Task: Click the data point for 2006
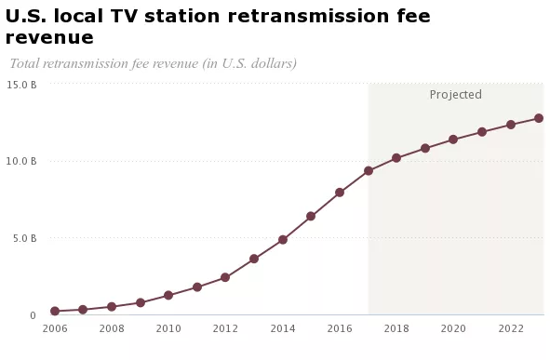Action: pyautogui.click(x=55, y=311)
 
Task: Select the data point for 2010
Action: pyautogui.click(x=168, y=295)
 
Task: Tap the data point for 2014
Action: pyautogui.click(x=283, y=240)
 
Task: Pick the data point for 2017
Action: pyautogui.click(x=369, y=171)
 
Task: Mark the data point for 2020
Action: pyautogui.click(x=453, y=140)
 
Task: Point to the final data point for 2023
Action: pyautogui.click(x=539, y=118)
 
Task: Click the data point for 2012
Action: pyautogui.click(x=225, y=277)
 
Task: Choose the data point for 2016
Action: pyautogui.click(x=340, y=193)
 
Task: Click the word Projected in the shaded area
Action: pyautogui.click(x=456, y=95)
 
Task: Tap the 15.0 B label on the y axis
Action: pyautogui.click(x=21, y=86)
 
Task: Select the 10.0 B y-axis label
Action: pyautogui.click(x=21, y=161)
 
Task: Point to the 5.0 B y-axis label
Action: pyautogui.click(x=25, y=238)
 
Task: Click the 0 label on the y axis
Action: pyautogui.click(x=33, y=315)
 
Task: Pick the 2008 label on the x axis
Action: pyautogui.click(x=112, y=328)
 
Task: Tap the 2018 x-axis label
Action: pyautogui.click(x=396, y=328)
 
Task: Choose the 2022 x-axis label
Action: pyautogui.click(x=511, y=328)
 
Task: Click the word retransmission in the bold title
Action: pyautogui.click(x=308, y=16)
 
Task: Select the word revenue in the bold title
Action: pyautogui.click(x=49, y=38)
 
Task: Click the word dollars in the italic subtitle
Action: pyautogui.click(x=274, y=63)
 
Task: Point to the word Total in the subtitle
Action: pyautogui.click(x=24, y=63)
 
